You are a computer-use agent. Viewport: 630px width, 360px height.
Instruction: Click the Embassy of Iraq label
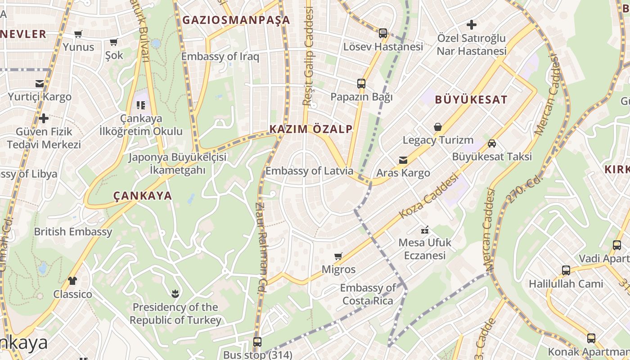tap(220, 57)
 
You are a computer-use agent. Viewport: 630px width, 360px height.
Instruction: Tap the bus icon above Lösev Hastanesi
tap(382, 33)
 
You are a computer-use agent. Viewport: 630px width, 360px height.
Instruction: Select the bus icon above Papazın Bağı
tap(361, 84)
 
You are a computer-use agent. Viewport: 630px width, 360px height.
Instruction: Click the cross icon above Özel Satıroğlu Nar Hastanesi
tap(472, 25)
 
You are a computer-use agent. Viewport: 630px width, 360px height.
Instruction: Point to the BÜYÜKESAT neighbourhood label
tap(471, 100)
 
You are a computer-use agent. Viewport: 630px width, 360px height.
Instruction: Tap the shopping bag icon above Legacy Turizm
tap(437, 127)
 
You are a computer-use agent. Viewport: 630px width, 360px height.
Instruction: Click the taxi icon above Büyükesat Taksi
tap(492, 144)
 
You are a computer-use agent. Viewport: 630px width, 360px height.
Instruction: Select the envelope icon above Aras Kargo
tap(403, 160)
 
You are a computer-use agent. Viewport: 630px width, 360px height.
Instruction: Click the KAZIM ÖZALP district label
tap(311, 129)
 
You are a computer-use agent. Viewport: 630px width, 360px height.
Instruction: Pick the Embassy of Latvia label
tap(309, 171)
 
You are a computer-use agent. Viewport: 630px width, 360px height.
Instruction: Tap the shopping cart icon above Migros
tap(338, 256)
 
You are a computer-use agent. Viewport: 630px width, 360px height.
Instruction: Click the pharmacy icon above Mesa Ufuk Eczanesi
tap(425, 230)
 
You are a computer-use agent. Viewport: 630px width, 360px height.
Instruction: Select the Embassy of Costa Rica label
tap(368, 294)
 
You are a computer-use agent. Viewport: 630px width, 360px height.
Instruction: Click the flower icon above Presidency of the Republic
tap(175, 294)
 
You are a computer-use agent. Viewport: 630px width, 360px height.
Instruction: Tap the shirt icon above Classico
tap(72, 281)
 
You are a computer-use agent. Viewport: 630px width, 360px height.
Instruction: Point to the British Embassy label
tap(73, 232)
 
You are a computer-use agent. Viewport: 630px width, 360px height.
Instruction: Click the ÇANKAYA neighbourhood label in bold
tap(142, 196)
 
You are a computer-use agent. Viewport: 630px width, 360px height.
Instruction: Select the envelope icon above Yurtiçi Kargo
tap(40, 84)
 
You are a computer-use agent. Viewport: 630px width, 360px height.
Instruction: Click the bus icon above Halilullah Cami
tap(566, 270)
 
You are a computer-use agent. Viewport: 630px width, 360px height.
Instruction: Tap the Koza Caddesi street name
tap(428, 196)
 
